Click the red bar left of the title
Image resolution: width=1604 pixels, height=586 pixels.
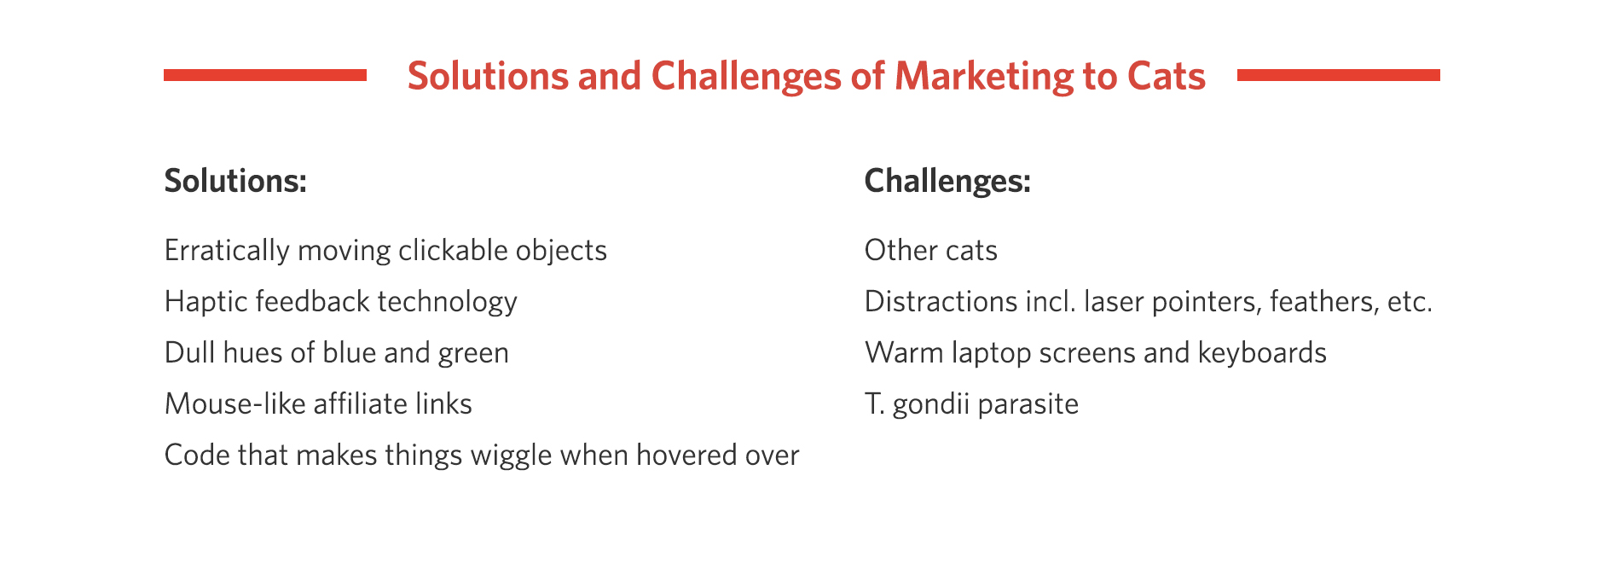(x=265, y=75)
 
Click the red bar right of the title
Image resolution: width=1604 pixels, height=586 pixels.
(x=1338, y=75)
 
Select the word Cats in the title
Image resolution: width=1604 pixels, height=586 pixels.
(x=1166, y=76)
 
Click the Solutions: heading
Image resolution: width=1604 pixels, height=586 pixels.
(x=235, y=181)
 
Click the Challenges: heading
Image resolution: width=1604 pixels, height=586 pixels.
(x=947, y=181)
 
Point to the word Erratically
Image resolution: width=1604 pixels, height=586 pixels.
(x=227, y=251)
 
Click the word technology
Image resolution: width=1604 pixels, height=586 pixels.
(x=447, y=302)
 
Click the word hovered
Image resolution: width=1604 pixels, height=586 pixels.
(x=683, y=455)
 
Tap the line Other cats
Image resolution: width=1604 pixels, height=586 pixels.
(x=930, y=250)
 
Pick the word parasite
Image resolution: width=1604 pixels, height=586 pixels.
(x=1028, y=404)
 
